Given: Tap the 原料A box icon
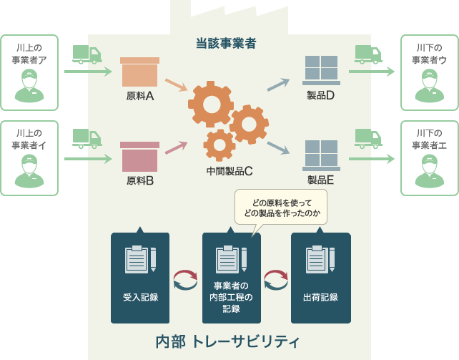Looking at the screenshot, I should point(140,72).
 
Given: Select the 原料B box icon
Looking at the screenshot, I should point(140,156).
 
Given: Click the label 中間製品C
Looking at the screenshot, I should point(229,171).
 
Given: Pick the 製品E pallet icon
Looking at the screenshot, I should point(321,155).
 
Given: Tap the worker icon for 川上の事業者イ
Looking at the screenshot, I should point(29,170).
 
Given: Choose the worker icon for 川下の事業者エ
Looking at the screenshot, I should point(429,170).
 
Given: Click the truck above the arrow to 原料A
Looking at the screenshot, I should point(87,54).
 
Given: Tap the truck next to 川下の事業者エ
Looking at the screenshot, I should point(368,137).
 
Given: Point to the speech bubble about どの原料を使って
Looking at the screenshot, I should point(281,206).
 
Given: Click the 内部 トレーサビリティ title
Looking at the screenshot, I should point(227,341).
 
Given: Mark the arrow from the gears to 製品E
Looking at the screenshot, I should point(278,148).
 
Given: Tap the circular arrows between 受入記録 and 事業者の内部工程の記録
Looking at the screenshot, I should point(185,280).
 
